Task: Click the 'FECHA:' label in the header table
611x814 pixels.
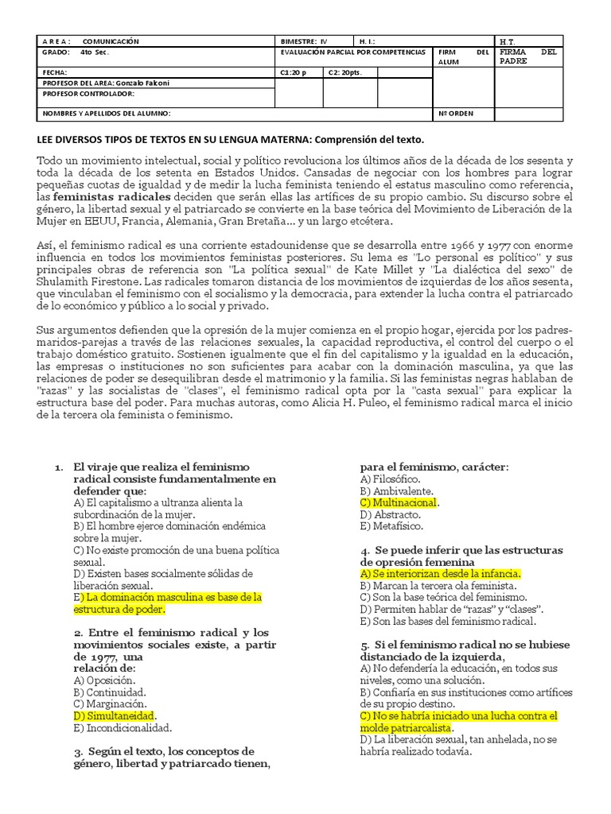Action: click(54, 72)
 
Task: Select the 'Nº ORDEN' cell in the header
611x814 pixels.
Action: click(456, 113)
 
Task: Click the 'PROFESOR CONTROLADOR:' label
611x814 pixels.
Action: click(88, 93)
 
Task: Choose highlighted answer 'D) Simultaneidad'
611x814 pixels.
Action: click(113, 715)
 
